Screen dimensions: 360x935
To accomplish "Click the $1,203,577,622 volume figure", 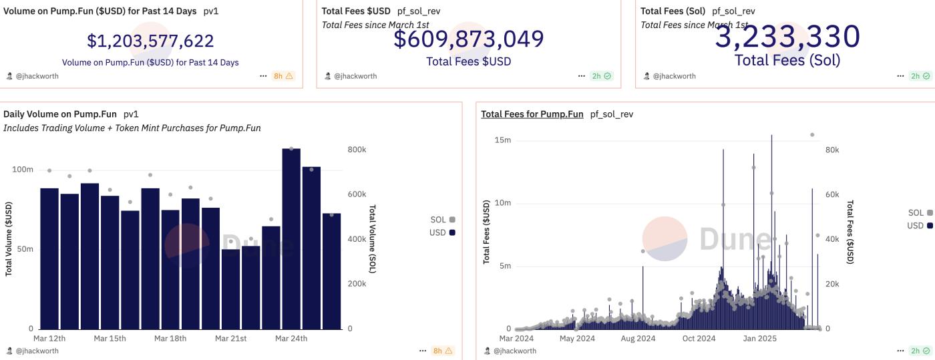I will click(150, 41).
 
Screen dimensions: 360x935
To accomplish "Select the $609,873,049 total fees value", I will click(468, 39).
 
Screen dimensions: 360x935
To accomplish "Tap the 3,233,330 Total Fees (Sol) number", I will click(787, 37).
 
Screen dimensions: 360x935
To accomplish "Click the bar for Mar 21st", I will click(230, 289).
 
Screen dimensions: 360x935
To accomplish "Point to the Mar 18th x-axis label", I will click(170, 339).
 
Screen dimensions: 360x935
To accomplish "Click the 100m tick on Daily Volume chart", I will click(23, 170).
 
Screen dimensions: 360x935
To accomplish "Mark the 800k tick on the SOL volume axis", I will click(357, 150).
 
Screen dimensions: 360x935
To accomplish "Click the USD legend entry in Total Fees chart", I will click(919, 226).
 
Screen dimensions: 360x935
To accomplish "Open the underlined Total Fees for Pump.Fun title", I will click(532, 114).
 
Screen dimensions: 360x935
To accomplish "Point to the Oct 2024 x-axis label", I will click(699, 339).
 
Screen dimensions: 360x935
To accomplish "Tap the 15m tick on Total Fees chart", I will click(502, 140).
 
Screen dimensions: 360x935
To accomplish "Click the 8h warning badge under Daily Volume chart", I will click(443, 351).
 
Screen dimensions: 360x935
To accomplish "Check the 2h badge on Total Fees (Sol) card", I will click(920, 76).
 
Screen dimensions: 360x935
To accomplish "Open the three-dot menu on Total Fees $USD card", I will click(582, 76).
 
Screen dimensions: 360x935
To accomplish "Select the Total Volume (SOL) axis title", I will click(373, 239).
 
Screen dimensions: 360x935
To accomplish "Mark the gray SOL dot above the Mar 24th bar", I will click(291, 148).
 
